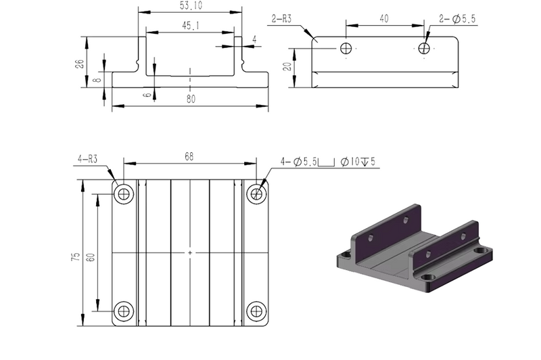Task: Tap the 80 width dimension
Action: [191, 99]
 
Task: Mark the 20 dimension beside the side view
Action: [287, 67]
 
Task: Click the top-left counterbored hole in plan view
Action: [124, 194]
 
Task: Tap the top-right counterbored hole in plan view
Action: [256, 194]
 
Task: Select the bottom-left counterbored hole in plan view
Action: [124, 311]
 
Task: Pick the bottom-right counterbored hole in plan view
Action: [256, 311]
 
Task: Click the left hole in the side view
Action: [346, 48]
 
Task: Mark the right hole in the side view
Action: [424, 48]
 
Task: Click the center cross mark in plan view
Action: [190, 252]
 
